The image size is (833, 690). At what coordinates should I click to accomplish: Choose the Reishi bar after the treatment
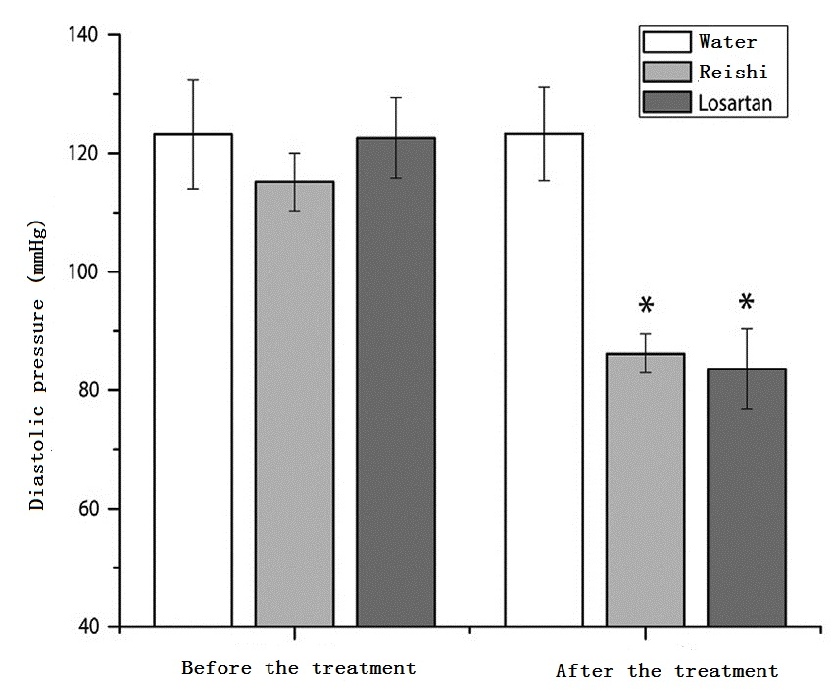click(x=645, y=490)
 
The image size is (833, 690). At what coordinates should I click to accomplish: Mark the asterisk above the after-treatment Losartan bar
click(x=747, y=303)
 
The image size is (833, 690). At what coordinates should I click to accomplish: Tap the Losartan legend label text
click(x=742, y=102)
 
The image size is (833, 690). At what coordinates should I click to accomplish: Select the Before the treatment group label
click(x=298, y=668)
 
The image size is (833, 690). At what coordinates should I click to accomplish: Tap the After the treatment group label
click(x=666, y=671)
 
